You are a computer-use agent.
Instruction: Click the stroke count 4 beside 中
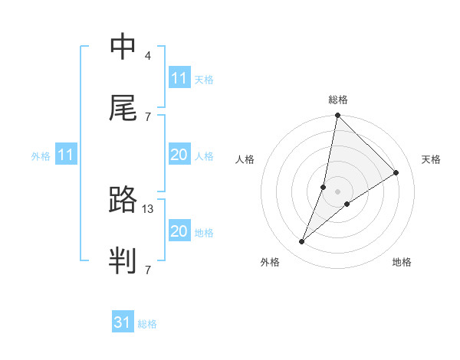(148, 56)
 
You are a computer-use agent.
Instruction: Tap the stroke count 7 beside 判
(148, 270)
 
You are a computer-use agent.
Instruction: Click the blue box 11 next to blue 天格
(179, 78)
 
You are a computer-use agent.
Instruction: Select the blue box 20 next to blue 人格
(179, 155)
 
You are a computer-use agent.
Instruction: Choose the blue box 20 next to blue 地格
(179, 231)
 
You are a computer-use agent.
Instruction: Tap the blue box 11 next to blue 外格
(66, 155)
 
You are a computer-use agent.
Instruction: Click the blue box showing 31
(123, 322)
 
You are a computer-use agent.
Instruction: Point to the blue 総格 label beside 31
(147, 324)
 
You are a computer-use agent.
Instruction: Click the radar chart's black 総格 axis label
(338, 100)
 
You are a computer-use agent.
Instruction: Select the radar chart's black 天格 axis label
(432, 159)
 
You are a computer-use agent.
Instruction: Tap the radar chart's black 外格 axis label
(269, 262)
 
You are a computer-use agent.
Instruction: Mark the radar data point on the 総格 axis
(337, 115)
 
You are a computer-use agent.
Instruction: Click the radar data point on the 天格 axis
(396, 172)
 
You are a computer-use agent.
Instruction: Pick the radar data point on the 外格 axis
(302, 242)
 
